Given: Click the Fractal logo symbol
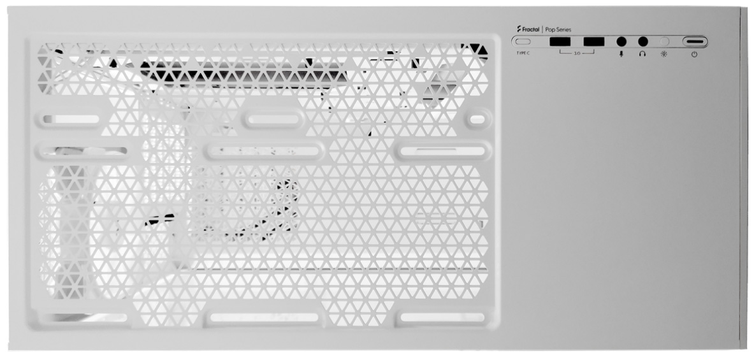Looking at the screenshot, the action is pos(519,29).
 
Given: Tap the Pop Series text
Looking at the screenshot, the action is pos(558,30).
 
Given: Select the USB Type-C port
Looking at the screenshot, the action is pos(523,42).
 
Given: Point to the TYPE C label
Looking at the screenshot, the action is pos(523,53).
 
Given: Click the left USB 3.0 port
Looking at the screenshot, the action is pos(560,42).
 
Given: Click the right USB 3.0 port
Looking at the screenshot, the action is pos(594,42).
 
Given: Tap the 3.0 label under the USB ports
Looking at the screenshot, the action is pos(577,53).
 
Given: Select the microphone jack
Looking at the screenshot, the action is pos(621,42).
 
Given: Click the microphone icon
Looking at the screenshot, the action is pos(621,54).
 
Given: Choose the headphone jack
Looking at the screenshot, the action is pos(643,42).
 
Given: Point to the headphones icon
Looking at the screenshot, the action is pos(642,54).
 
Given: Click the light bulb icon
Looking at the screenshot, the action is pos(664,54).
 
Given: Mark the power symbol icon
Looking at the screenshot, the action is pos(694,54).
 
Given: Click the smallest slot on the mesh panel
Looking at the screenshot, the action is pos(477,119).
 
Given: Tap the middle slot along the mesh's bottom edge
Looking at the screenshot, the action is pos(264,317).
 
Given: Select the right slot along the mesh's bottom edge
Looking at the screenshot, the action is pos(442,317).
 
